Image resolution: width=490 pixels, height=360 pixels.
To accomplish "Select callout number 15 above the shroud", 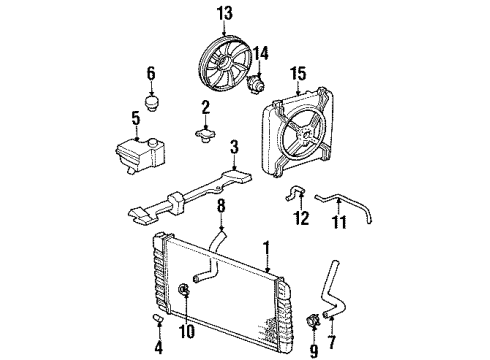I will click(x=298, y=73).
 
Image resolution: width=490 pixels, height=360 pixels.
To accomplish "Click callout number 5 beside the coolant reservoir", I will click(x=134, y=120).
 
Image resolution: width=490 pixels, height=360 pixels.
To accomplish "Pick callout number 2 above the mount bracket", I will click(x=204, y=106).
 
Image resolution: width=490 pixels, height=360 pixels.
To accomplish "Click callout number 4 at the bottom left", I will click(x=158, y=349).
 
